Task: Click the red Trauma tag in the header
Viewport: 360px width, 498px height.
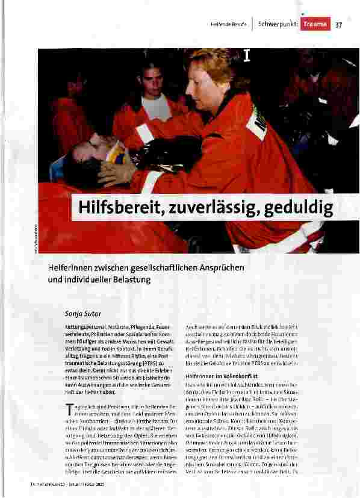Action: coord(315,25)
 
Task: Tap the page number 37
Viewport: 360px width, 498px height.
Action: coord(338,25)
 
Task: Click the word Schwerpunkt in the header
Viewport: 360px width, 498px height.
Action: coord(277,25)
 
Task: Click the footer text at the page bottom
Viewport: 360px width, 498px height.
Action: coord(99,487)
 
